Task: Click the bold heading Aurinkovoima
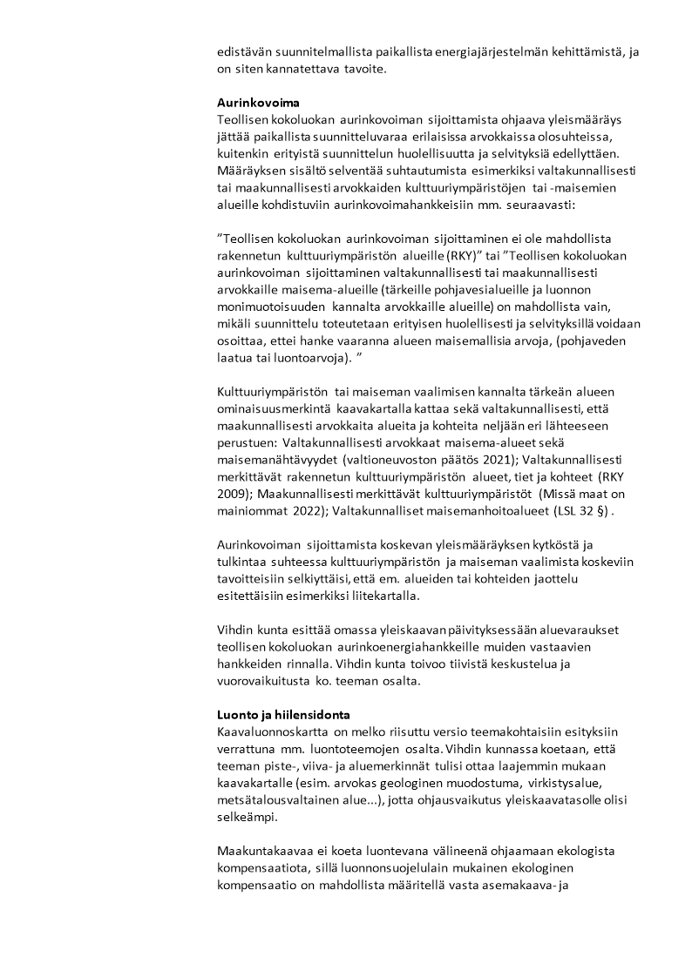coord(257,102)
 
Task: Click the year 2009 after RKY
coord(234,492)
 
